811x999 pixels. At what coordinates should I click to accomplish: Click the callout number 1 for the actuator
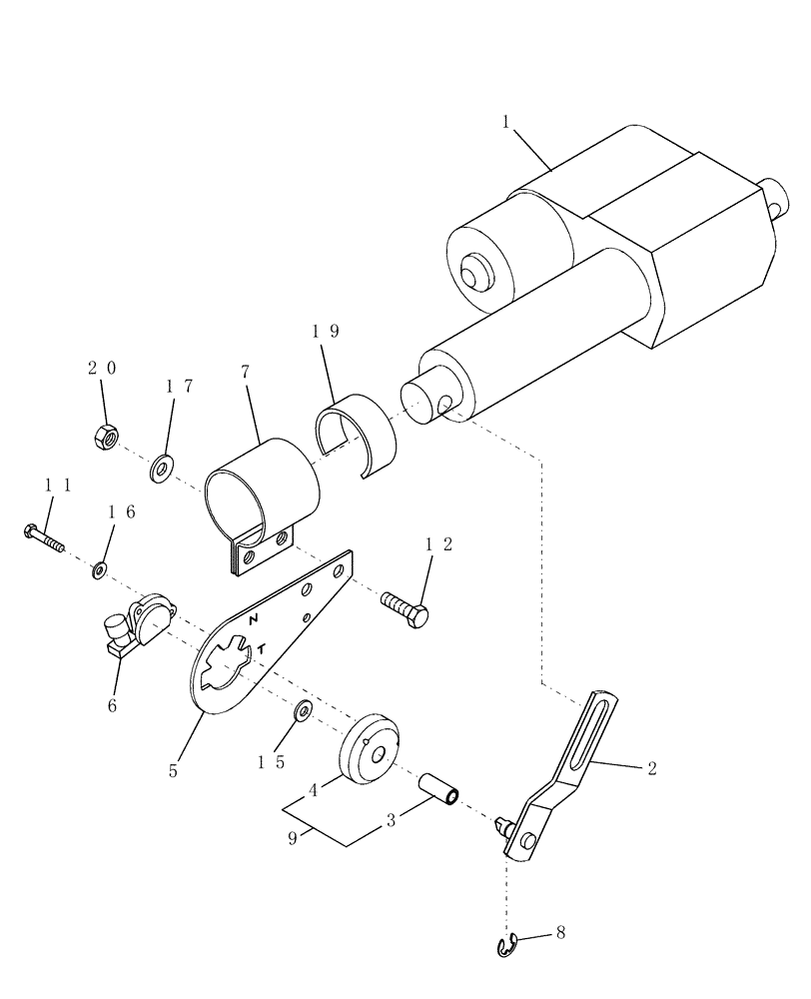point(506,122)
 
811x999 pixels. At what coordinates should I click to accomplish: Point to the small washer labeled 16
point(100,570)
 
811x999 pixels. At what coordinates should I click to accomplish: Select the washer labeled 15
point(303,710)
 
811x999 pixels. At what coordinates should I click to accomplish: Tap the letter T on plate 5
point(261,650)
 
